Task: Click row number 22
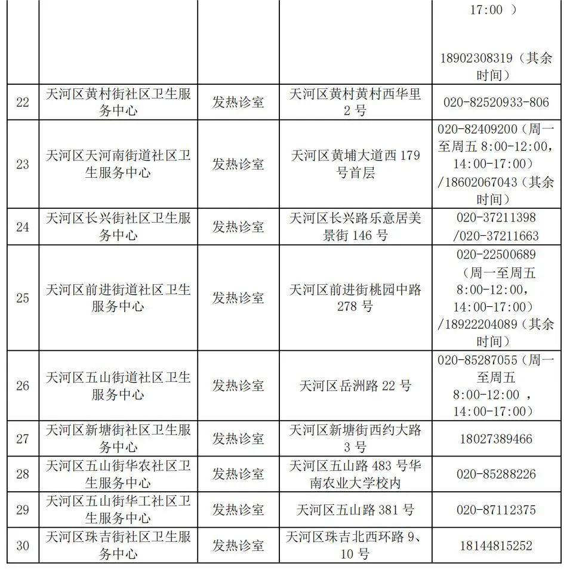pyautogui.click(x=23, y=102)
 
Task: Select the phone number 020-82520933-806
pyautogui.click(x=496, y=102)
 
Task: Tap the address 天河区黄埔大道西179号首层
pyautogui.click(x=355, y=164)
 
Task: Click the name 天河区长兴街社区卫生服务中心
pyautogui.click(x=118, y=226)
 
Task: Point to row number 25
pyautogui.click(x=23, y=298)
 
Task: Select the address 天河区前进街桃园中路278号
pyautogui.click(x=355, y=298)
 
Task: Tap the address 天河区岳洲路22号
pyautogui.click(x=355, y=386)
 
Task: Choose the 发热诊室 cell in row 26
pyautogui.click(x=238, y=386)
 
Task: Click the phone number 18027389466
pyautogui.click(x=496, y=439)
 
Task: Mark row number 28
pyautogui.click(x=23, y=474)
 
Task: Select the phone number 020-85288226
pyautogui.click(x=496, y=474)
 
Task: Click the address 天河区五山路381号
pyautogui.click(x=355, y=510)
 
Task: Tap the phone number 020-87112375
pyautogui.click(x=496, y=510)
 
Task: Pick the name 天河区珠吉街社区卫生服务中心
pyautogui.click(x=118, y=545)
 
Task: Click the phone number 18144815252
pyautogui.click(x=496, y=545)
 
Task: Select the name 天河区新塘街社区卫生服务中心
pyautogui.click(x=118, y=439)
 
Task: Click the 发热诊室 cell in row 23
pyautogui.click(x=238, y=164)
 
